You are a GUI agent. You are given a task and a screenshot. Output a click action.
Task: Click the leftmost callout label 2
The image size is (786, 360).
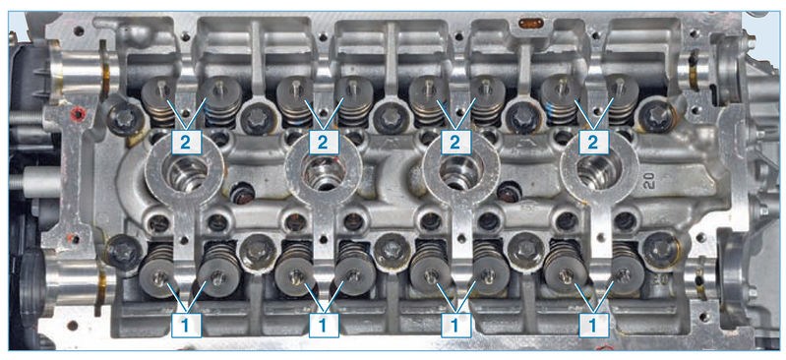pyautogui.click(x=186, y=143)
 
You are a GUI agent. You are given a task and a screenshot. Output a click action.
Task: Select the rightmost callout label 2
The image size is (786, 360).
pyautogui.click(x=593, y=143)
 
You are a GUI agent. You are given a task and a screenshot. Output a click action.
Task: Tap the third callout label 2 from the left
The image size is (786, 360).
pyautogui.click(x=455, y=143)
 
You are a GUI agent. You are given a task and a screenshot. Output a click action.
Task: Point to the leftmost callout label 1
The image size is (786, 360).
pyautogui.click(x=186, y=326)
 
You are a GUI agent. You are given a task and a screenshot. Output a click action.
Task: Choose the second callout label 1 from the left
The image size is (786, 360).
pyautogui.click(x=323, y=326)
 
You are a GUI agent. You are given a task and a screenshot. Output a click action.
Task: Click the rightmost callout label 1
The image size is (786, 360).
pyautogui.click(x=593, y=326)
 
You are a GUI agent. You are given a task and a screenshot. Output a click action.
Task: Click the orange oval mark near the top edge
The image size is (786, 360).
pyautogui.click(x=530, y=23)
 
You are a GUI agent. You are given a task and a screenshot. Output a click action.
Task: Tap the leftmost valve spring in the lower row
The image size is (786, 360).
pyautogui.click(x=158, y=270)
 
